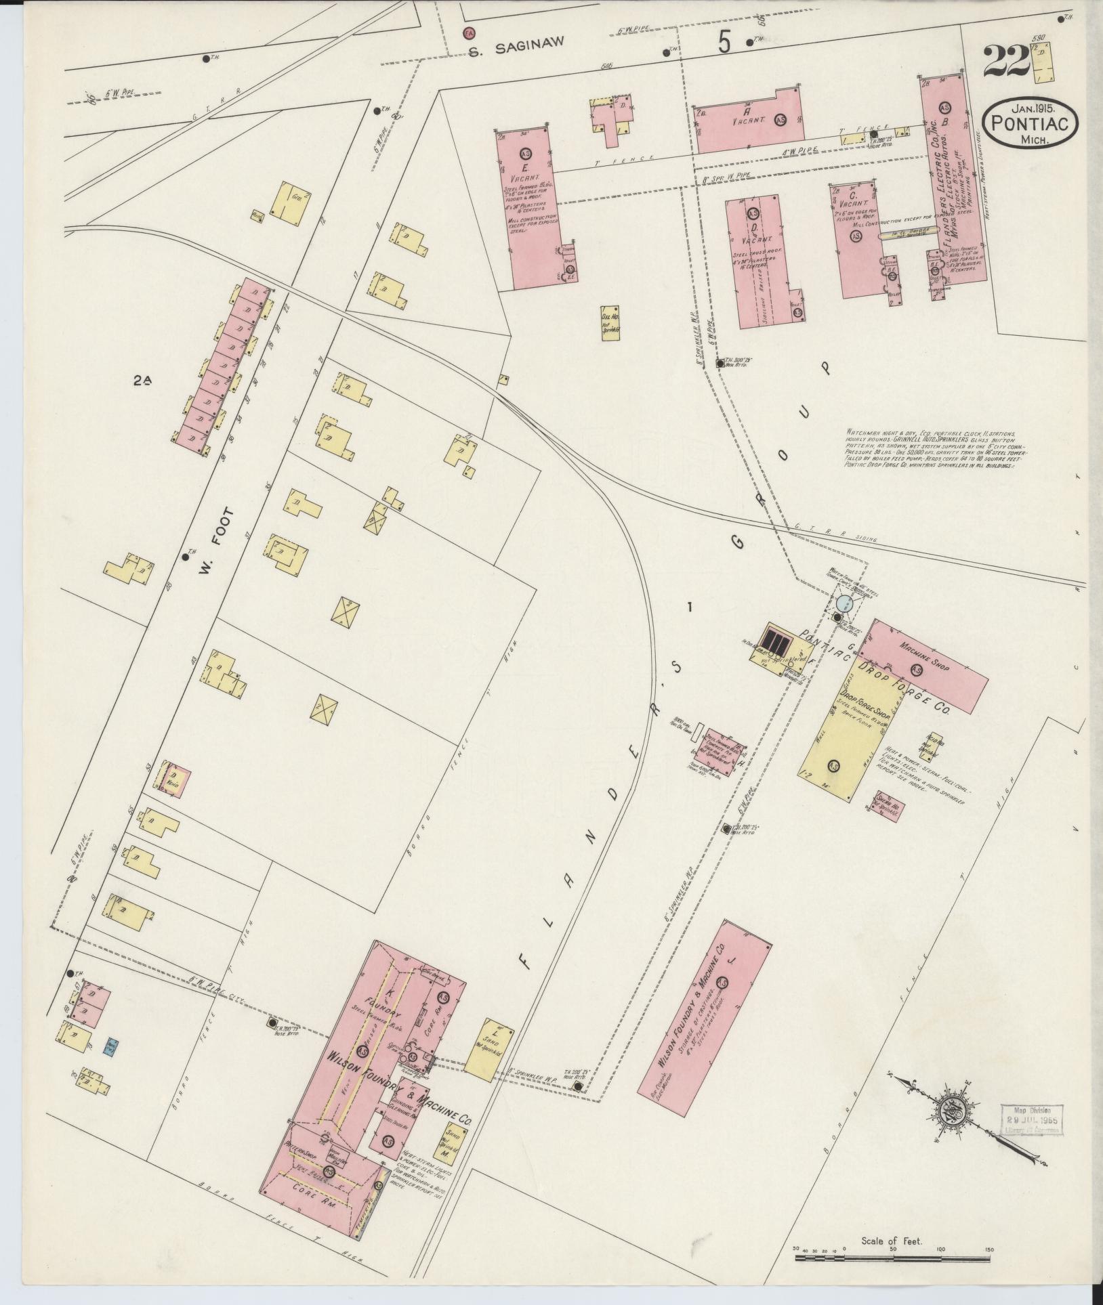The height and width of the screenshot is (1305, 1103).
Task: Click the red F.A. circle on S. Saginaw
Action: pos(468,32)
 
